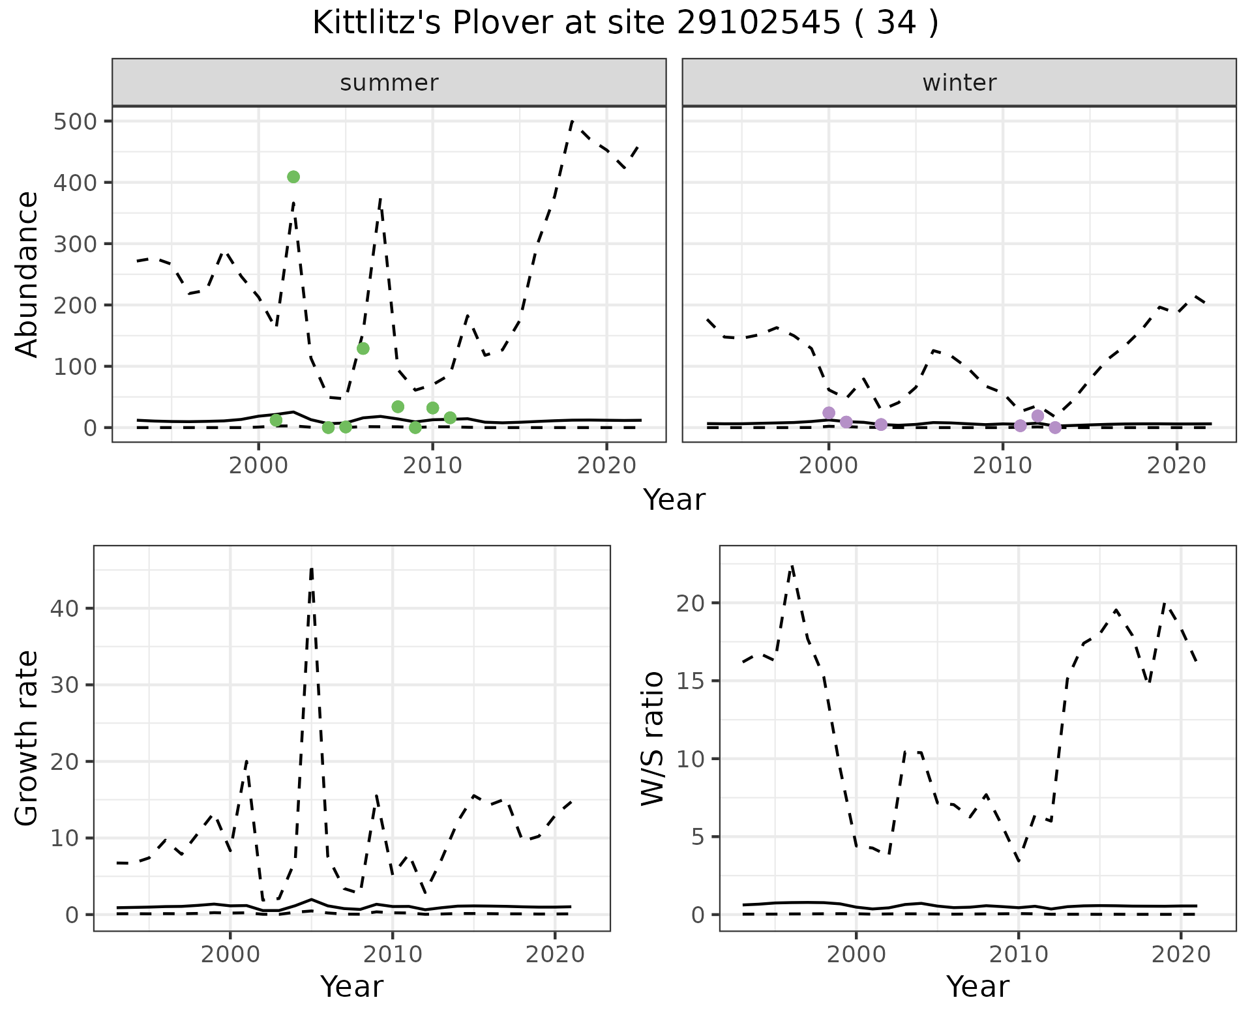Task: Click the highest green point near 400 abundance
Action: tap(293, 177)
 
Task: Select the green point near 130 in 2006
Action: tap(363, 348)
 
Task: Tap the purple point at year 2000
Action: tap(829, 413)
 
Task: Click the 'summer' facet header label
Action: tap(389, 83)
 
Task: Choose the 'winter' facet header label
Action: tap(959, 83)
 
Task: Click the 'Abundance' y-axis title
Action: tap(27, 274)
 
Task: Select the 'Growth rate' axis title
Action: tap(27, 738)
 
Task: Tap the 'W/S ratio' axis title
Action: tap(653, 738)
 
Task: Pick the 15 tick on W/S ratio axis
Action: tap(691, 681)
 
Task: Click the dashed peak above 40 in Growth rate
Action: tap(312, 568)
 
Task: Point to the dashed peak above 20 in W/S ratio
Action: tap(792, 566)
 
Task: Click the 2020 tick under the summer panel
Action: tap(606, 467)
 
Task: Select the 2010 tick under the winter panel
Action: tap(1003, 467)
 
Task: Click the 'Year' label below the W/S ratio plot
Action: tap(977, 987)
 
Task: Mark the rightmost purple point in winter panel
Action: tap(1055, 428)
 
